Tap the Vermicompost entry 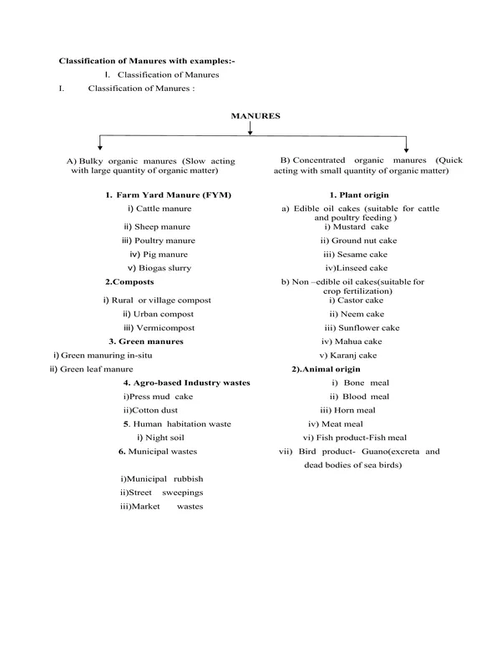coord(164,327)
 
